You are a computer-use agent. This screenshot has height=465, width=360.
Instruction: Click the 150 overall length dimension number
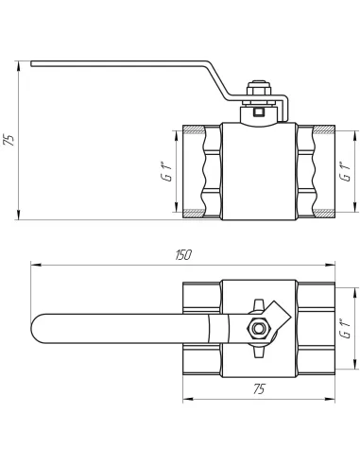pos(183,255)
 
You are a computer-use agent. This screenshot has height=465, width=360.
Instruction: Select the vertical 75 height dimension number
pos(10,140)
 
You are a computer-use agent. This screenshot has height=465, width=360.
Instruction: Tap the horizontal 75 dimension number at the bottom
pos(258,388)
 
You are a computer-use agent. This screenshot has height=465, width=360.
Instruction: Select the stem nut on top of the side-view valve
pos(258,92)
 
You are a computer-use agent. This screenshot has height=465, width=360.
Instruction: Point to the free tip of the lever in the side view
pos(34,64)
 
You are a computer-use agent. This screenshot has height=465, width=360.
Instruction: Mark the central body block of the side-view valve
pos(258,170)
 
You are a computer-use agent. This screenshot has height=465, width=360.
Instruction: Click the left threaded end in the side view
pos(201,170)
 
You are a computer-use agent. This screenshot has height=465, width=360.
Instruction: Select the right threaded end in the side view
pos(316,170)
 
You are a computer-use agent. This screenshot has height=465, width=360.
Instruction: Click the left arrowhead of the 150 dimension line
pos(34,265)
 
